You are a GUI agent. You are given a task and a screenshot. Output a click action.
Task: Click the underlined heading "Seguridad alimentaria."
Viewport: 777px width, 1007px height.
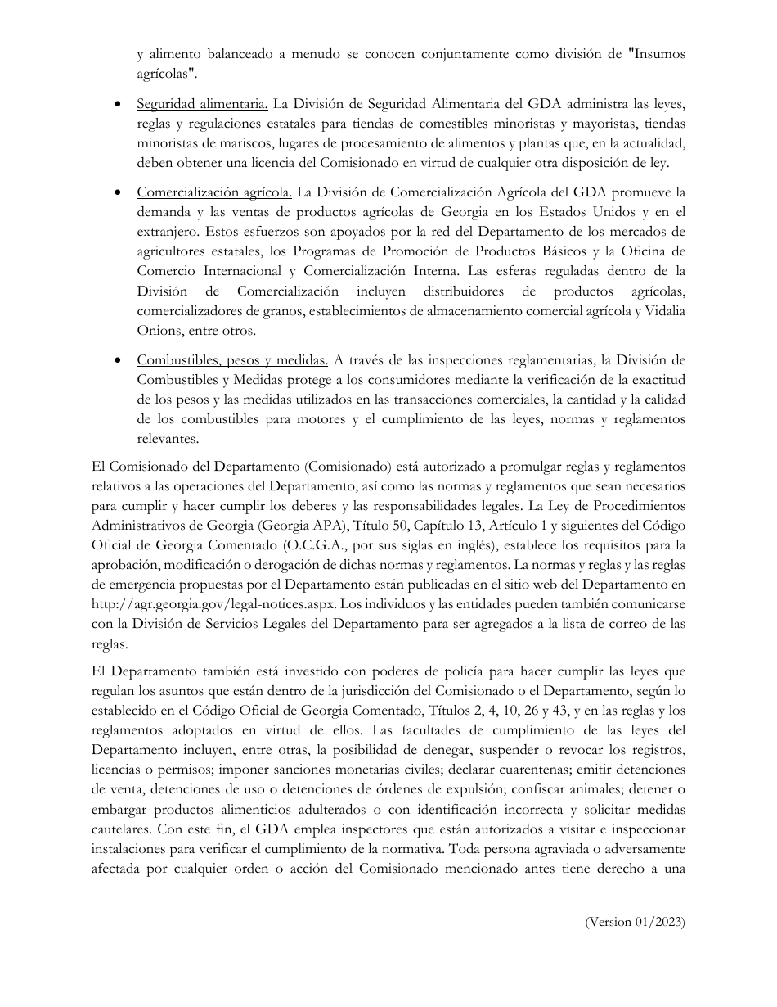(202, 104)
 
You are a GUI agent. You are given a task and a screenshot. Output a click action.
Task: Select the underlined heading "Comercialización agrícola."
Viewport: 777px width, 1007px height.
(214, 193)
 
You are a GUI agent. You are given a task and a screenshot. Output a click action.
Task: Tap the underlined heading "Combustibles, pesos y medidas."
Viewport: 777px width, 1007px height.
(233, 359)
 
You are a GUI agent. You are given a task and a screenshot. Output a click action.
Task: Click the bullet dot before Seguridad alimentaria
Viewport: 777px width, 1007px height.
(120, 105)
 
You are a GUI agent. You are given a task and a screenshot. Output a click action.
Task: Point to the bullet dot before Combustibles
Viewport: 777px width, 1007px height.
(120, 360)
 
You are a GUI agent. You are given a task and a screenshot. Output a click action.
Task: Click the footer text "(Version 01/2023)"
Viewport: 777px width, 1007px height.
(635, 922)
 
